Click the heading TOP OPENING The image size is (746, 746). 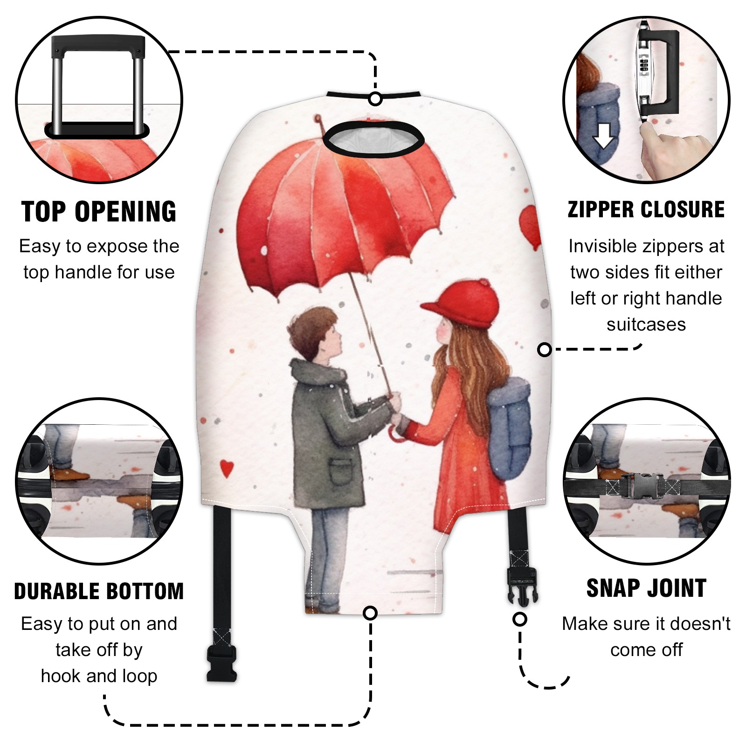[99, 212]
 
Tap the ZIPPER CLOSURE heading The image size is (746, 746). [646, 209]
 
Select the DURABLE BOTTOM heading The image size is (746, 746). [99, 591]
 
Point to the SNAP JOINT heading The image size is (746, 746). [646, 588]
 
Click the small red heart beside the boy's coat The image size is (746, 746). [227, 468]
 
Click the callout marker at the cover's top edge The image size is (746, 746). [375, 99]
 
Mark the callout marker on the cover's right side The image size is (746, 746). [544, 349]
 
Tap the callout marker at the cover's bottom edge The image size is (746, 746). [370, 613]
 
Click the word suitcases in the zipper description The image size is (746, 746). [646, 325]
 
